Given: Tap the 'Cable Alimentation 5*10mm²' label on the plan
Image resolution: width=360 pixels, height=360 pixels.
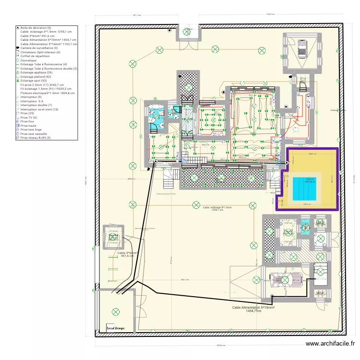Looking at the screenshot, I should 253,307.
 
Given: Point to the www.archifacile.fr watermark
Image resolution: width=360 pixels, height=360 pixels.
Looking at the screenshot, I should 330,344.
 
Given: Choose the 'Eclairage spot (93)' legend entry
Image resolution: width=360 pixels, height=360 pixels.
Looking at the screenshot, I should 36,81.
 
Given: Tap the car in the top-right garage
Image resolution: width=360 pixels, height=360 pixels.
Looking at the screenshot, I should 302,48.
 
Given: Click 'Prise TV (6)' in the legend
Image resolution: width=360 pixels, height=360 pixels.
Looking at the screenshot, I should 30,118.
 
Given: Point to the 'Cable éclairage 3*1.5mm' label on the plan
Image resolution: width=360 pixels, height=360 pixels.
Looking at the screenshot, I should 217,208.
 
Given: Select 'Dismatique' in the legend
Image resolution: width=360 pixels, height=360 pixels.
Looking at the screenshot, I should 28,60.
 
